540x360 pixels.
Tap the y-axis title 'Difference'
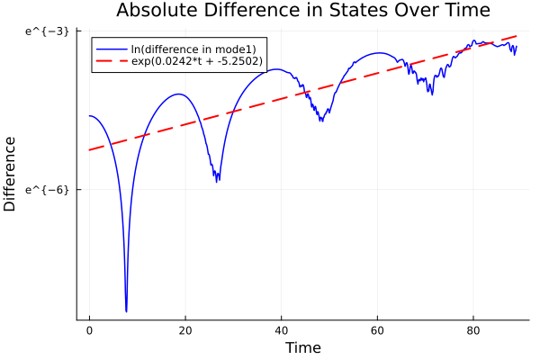11,174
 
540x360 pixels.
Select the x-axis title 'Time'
302,347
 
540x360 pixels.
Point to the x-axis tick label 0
89,330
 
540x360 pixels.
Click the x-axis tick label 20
185,330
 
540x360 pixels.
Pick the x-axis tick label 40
282,330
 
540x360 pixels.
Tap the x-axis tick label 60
378,330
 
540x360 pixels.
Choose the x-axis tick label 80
474,330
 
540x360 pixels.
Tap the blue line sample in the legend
111,48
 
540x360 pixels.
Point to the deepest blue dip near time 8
127,310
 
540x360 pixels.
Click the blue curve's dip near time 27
218,181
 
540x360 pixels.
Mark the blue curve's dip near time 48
321,120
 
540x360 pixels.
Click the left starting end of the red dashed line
90,149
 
